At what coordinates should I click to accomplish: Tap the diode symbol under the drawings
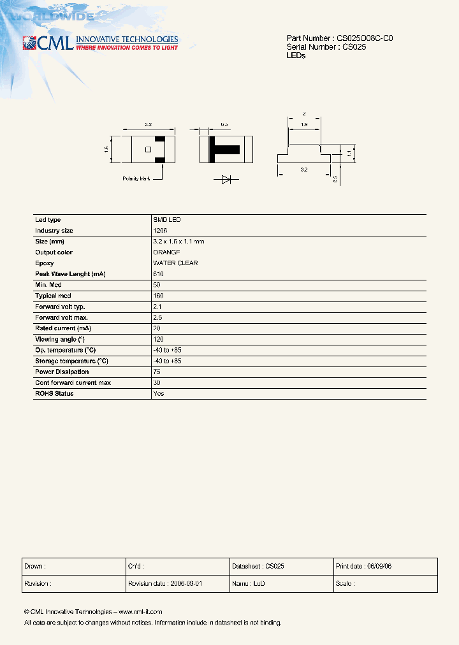[x=226, y=180]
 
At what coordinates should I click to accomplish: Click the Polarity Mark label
[x=136, y=178]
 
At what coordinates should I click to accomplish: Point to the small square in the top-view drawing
[x=148, y=150]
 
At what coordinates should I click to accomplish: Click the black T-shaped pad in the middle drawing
[x=223, y=150]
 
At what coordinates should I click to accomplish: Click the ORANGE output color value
[x=166, y=252]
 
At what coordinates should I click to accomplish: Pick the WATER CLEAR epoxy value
[x=175, y=263]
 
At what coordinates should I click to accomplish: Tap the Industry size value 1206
[x=160, y=231]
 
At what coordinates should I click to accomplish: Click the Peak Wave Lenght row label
[x=70, y=274]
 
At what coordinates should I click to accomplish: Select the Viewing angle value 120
[x=159, y=339]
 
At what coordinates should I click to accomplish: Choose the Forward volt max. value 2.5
[x=157, y=317]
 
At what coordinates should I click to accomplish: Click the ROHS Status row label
[x=54, y=393]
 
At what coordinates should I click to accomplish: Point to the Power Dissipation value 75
[x=157, y=372]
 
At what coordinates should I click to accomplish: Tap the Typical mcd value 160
[x=159, y=296]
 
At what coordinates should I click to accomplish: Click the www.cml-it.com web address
[x=140, y=611]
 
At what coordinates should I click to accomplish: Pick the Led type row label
[x=48, y=220]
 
